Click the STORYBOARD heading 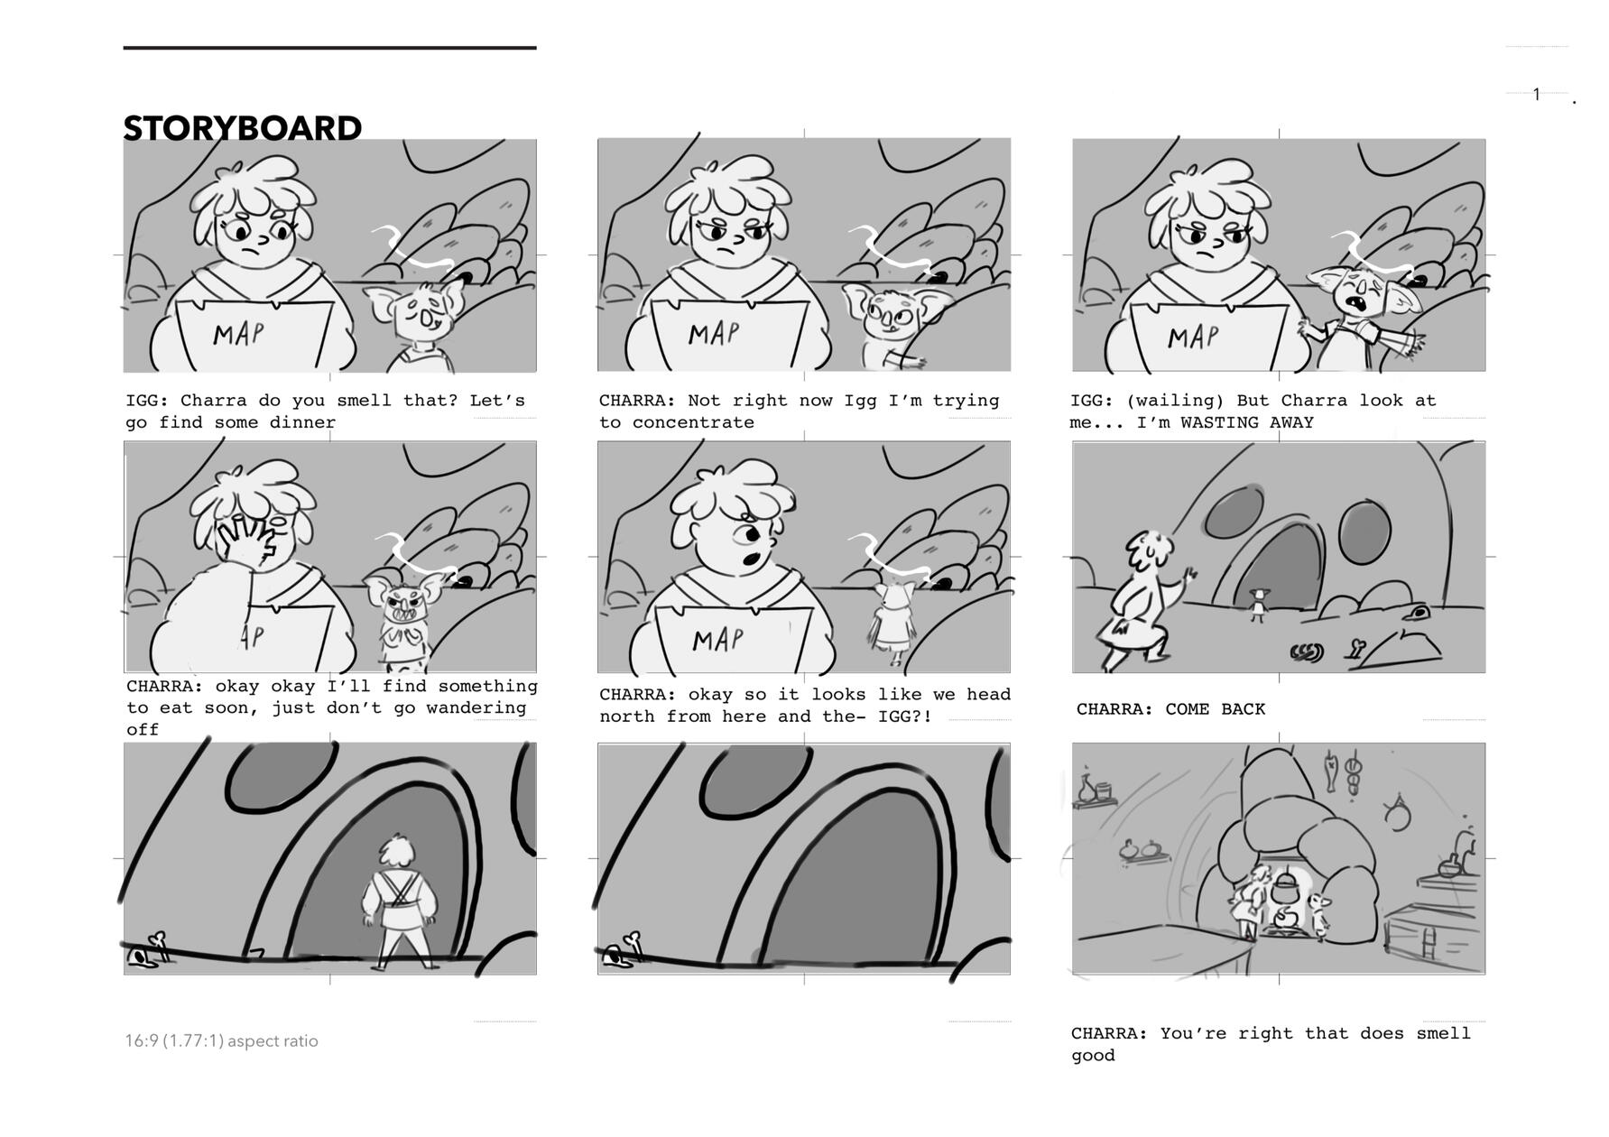click(x=242, y=128)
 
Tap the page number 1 click(x=1537, y=94)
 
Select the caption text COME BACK click(x=1215, y=709)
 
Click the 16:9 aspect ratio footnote click(x=221, y=1040)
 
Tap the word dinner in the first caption click(x=302, y=422)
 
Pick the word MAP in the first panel click(x=240, y=334)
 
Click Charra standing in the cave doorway click(x=399, y=902)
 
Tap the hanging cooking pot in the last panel click(x=1284, y=888)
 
